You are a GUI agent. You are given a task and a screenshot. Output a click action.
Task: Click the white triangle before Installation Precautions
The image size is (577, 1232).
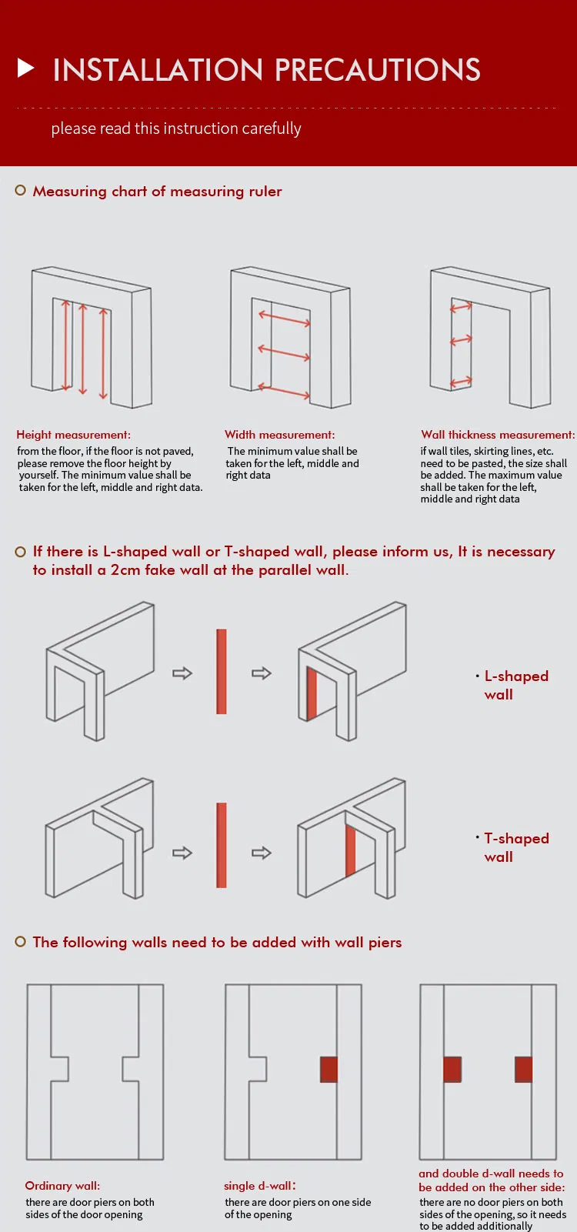(x=26, y=68)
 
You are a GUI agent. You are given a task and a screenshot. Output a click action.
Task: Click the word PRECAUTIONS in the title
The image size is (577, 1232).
(x=377, y=70)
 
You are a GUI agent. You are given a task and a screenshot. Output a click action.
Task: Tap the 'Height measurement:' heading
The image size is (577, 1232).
(x=73, y=435)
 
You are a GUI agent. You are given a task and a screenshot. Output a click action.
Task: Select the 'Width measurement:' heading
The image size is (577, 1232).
(x=279, y=435)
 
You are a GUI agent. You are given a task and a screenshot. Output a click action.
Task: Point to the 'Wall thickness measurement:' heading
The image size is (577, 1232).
(x=497, y=435)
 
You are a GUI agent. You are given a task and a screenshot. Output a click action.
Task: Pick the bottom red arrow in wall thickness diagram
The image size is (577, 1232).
(x=461, y=382)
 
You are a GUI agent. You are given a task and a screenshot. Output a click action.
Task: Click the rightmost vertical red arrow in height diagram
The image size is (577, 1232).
(x=103, y=354)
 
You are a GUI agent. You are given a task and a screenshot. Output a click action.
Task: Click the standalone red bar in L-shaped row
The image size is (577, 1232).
(x=222, y=672)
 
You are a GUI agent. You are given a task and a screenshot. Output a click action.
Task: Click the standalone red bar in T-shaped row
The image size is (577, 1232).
(x=222, y=845)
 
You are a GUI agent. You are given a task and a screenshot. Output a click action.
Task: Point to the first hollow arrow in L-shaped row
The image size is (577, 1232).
(x=182, y=673)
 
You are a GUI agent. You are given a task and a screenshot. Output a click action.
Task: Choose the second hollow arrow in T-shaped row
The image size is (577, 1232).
(x=262, y=853)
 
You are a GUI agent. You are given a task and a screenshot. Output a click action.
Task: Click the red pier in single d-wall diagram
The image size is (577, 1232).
(x=329, y=1070)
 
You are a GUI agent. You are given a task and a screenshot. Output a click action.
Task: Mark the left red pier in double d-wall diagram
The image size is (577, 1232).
(x=452, y=1070)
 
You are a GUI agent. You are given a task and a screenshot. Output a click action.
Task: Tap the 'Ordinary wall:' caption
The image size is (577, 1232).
(x=62, y=1186)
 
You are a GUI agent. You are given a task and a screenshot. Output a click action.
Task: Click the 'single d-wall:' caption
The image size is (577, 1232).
(x=260, y=1186)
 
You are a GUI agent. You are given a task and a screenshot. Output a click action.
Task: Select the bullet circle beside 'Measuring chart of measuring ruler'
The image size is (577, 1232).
(x=21, y=190)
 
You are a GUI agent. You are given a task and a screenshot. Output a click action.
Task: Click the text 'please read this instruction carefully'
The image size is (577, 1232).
(x=176, y=129)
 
